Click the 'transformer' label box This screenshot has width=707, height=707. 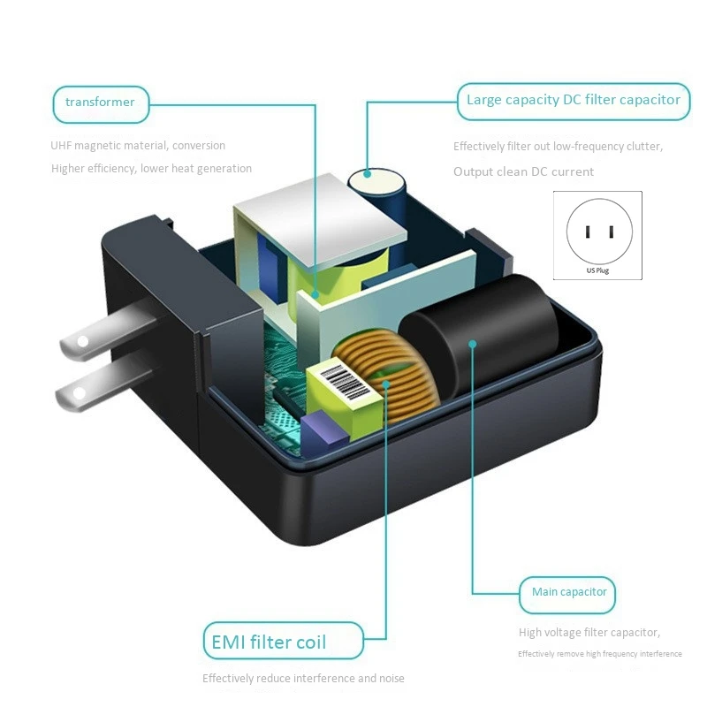[x=100, y=103]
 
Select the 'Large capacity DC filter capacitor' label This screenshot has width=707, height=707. [x=574, y=100]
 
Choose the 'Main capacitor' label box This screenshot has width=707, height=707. [x=569, y=592]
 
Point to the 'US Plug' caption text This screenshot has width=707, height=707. [x=597, y=270]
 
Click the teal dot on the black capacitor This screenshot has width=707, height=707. [x=473, y=343]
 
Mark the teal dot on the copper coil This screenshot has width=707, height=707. [x=386, y=383]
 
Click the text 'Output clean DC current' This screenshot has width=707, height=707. [x=523, y=171]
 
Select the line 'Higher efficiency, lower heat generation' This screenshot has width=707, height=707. [x=151, y=169]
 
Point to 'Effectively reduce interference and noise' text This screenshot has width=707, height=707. [x=303, y=679]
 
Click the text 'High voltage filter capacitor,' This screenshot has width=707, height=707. [x=589, y=632]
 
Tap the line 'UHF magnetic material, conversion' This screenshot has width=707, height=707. [x=138, y=146]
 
